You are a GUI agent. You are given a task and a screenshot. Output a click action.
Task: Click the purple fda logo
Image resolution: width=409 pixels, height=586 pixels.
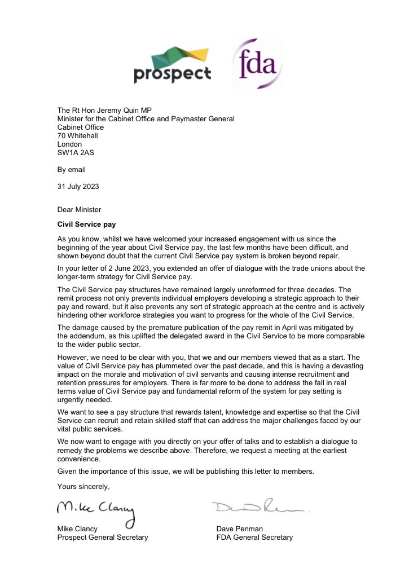coord(257,63)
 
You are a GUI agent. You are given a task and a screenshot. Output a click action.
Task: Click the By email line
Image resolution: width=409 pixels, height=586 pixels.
coord(72,169)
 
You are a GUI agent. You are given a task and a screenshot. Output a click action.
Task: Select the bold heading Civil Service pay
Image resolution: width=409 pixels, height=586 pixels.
coord(86,224)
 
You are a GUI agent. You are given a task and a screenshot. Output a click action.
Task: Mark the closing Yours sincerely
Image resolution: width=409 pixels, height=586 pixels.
coord(83,486)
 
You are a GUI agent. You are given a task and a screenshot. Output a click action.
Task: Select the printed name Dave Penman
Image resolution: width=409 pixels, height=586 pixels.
coord(239,529)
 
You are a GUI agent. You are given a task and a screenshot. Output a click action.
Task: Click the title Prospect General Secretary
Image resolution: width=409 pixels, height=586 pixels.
coord(103,537)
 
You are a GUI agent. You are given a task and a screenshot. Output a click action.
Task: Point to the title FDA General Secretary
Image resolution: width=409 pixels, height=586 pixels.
coord(254,537)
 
